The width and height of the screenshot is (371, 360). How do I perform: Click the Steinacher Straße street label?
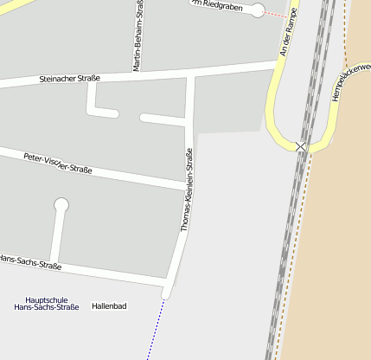pyautogui.click(x=70, y=79)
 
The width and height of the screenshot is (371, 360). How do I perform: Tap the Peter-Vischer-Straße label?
pyautogui.click(x=58, y=163)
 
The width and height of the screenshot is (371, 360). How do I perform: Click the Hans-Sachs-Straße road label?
pyautogui.click(x=30, y=263)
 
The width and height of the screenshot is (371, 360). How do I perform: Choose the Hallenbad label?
pyautogui.click(x=109, y=306)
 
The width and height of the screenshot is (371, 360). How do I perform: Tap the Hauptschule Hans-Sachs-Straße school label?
pyautogui.click(x=47, y=303)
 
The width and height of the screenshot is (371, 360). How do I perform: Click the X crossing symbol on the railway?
pyautogui.click(x=301, y=147)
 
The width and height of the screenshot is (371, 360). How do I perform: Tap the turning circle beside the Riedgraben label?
pyautogui.click(x=257, y=10)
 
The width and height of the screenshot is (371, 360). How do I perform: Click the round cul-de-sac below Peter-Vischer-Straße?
pyautogui.click(x=61, y=205)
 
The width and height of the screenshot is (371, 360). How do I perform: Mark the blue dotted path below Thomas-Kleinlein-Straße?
pyautogui.click(x=156, y=329)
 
